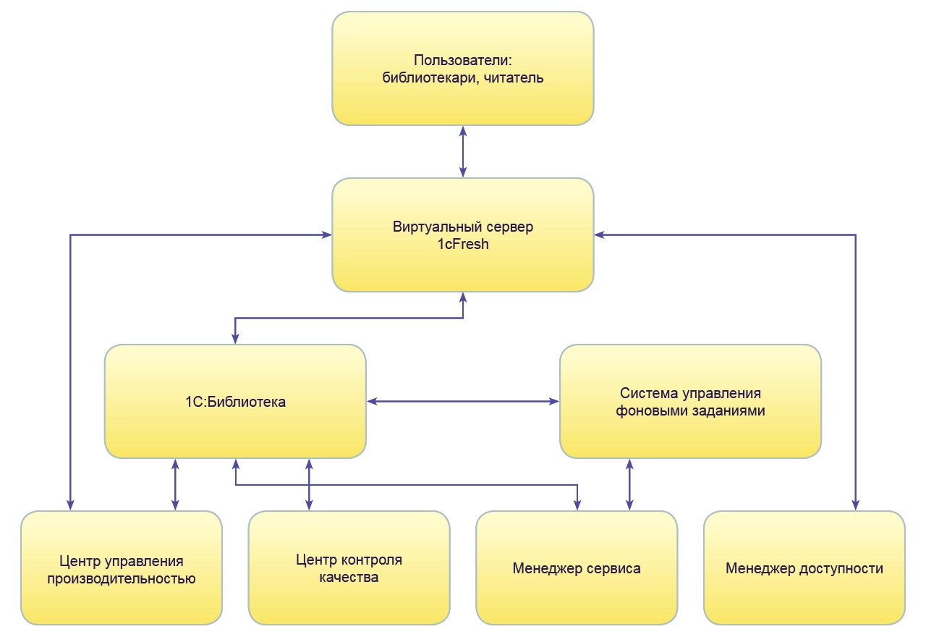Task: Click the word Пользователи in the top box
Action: (x=449, y=61)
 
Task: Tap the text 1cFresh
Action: (x=463, y=245)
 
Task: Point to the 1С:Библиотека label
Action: (x=235, y=402)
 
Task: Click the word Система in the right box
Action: (x=647, y=393)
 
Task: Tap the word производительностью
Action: (x=121, y=578)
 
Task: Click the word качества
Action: (x=349, y=578)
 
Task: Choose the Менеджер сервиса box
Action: (x=577, y=568)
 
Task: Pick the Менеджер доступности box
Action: (x=804, y=568)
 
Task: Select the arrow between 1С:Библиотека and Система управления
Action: (x=463, y=400)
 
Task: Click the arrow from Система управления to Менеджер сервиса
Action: (x=629, y=484)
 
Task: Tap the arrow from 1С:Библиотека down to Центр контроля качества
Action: (x=309, y=484)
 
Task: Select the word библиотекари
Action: (x=425, y=79)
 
